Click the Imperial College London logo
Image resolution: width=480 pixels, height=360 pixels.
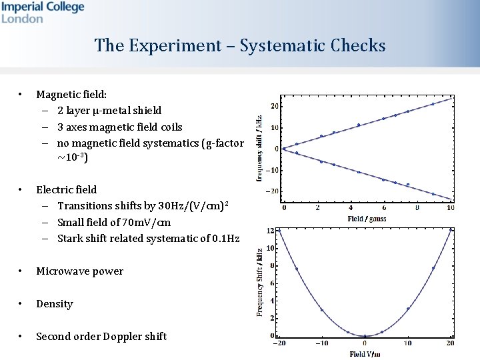coord(43,12)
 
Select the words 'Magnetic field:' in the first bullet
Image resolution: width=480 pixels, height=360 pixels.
coord(66,95)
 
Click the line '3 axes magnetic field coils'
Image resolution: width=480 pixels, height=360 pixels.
coord(119,127)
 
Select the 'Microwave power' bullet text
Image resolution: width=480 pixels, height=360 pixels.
coord(79,271)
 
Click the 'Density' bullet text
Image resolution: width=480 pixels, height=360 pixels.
coord(55,304)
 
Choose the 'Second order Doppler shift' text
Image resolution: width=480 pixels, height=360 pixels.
coord(101,337)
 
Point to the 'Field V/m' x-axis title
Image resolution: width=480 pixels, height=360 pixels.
coord(365,354)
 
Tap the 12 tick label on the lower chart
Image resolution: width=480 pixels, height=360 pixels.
coord(270,231)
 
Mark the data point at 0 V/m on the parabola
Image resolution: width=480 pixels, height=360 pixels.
coord(365,336)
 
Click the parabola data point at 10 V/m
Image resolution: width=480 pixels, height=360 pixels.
coord(408,309)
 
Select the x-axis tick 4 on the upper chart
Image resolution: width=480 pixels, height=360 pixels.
coord(351,208)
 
